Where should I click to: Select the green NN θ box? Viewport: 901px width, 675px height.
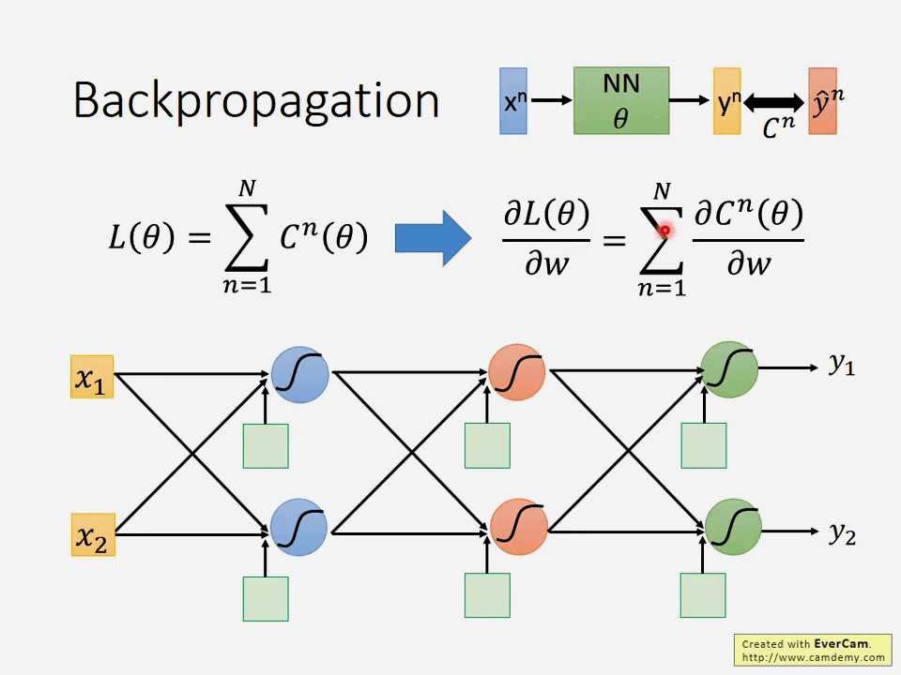(621, 100)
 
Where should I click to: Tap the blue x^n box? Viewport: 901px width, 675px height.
(513, 100)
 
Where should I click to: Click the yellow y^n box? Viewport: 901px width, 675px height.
(727, 100)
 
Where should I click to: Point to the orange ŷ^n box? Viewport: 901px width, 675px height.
(822, 100)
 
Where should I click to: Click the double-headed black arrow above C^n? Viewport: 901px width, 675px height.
(774, 101)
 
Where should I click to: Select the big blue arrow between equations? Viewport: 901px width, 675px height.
(433, 238)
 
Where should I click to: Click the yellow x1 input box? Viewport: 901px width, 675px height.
(92, 377)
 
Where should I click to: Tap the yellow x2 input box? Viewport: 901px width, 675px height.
(92, 535)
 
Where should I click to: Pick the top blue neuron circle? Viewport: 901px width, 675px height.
(299, 374)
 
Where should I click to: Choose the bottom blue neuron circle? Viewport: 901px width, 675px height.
(299, 527)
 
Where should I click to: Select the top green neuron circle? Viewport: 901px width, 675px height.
(730, 369)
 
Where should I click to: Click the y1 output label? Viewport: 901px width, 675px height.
(842, 365)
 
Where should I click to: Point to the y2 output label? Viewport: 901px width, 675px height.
(842, 533)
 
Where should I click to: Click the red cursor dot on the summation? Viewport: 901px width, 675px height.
(664, 231)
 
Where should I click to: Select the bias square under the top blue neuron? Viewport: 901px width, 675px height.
(266, 445)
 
